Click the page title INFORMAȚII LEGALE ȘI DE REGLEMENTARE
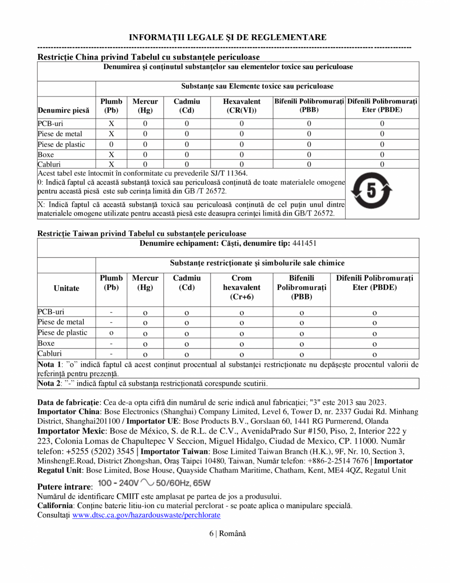click(228, 37)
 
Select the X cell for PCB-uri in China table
click(111, 124)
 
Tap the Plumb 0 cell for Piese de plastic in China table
click(111, 145)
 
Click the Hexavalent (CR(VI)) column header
click(241, 106)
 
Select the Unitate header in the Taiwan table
click(66, 288)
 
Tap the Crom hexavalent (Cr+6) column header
click(241, 288)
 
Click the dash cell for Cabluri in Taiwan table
click(111, 353)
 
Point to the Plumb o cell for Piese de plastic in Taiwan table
click(111, 333)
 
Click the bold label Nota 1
click(49, 364)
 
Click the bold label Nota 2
click(49, 383)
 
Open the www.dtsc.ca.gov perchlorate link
click(146, 515)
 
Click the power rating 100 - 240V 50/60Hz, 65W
click(154, 484)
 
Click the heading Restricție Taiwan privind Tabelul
click(142, 234)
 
